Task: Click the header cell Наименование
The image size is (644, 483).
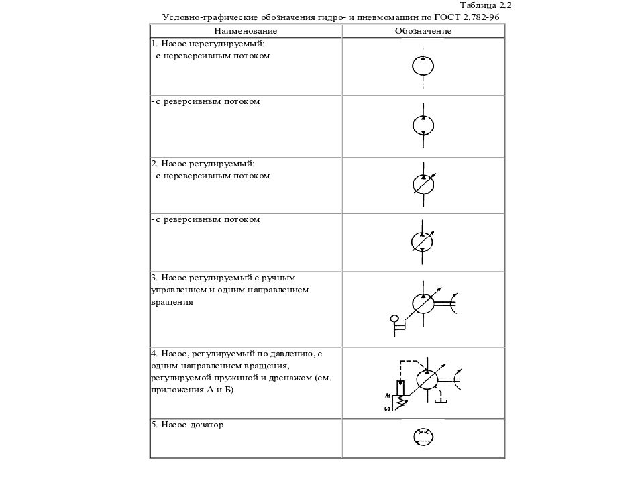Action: [x=246, y=31]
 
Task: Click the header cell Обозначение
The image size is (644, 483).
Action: [x=423, y=31]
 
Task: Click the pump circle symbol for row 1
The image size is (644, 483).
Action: [x=423, y=65]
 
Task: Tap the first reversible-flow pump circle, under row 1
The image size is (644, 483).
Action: [x=423, y=125]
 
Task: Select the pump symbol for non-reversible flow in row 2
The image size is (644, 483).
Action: [x=423, y=183]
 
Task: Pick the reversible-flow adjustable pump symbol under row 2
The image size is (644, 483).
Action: [x=423, y=239]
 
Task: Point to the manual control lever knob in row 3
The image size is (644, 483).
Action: [x=394, y=317]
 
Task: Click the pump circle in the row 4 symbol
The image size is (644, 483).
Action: [x=426, y=379]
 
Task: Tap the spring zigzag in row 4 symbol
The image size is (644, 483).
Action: [x=401, y=400]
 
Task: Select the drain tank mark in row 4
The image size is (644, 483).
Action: [x=442, y=400]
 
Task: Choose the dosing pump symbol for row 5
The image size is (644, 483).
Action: [x=423, y=437]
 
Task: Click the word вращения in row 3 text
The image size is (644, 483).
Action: [x=172, y=302]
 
